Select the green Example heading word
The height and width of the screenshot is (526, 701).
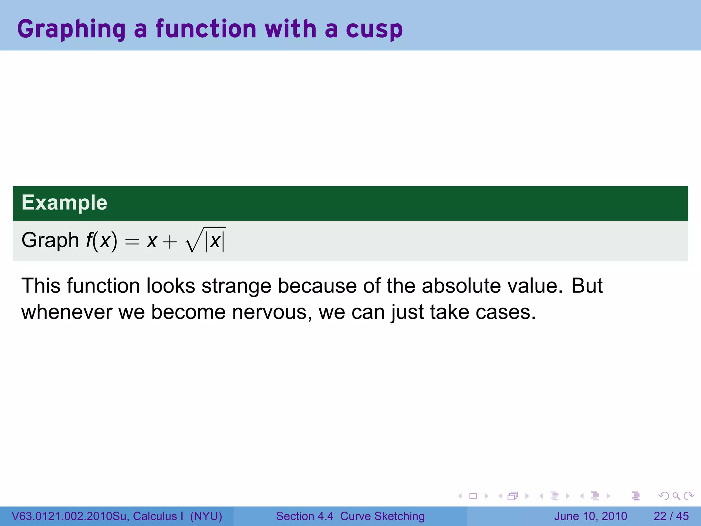tap(64, 202)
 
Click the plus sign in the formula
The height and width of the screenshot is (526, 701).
tap(170, 242)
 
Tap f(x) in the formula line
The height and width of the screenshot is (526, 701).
tap(101, 240)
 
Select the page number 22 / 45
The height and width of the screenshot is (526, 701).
tap(671, 516)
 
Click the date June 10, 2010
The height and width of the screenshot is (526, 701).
tap(590, 516)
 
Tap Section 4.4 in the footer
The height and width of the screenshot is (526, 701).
tap(304, 516)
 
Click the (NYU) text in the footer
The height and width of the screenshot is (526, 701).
tap(206, 516)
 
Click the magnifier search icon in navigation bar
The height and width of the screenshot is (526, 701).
tap(676, 496)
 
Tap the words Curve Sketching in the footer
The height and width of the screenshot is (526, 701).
tap(382, 516)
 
